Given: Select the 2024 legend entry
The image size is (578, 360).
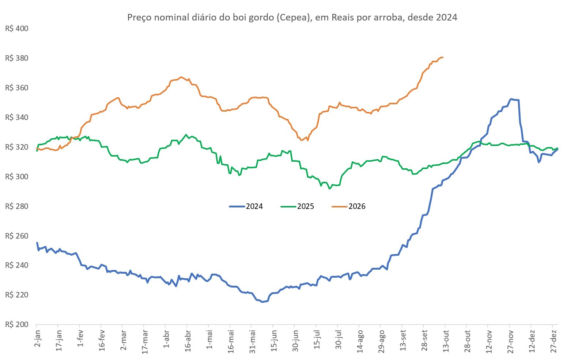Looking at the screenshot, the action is (246, 206).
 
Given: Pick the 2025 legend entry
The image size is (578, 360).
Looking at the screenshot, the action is (297, 206).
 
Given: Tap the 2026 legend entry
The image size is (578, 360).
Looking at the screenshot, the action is (349, 206).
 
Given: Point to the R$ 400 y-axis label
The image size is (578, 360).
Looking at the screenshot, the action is (17, 29).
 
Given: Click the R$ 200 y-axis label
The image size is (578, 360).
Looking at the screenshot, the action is (17, 325).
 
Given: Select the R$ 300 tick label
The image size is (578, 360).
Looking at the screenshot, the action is (17, 177).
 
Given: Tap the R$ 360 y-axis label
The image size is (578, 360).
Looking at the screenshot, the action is (17, 88).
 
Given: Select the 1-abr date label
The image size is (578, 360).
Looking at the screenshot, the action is (167, 339).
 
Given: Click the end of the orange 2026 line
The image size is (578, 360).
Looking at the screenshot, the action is (443, 57).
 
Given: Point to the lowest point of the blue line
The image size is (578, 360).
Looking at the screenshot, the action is (262, 302).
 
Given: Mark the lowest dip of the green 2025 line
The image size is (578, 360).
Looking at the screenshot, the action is (329, 189).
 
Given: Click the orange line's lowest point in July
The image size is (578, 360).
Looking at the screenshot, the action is (307, 140).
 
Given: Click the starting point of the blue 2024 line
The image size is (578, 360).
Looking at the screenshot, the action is (37, 243).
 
